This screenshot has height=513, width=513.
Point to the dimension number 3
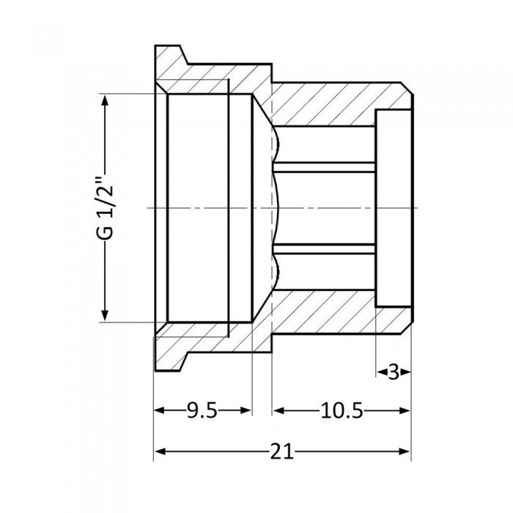coord(394,372)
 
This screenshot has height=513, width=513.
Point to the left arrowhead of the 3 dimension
coord(382,372)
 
